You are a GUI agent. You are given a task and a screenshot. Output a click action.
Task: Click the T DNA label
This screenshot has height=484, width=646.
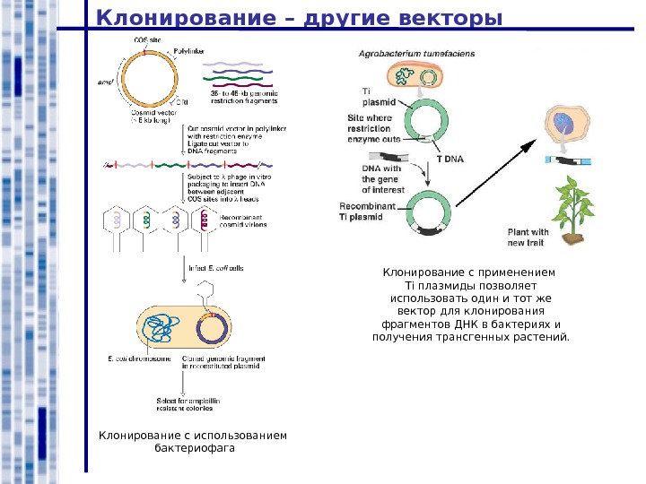(450, 158)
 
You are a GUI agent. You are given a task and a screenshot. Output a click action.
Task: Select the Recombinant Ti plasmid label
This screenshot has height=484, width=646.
(371, 211)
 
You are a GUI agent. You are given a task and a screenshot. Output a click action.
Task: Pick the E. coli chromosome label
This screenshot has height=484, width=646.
(139, 359)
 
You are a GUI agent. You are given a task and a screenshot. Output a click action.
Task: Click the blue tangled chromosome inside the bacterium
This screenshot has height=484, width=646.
(161, 330)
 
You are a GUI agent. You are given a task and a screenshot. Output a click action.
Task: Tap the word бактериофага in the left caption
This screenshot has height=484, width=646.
(193, 449)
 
